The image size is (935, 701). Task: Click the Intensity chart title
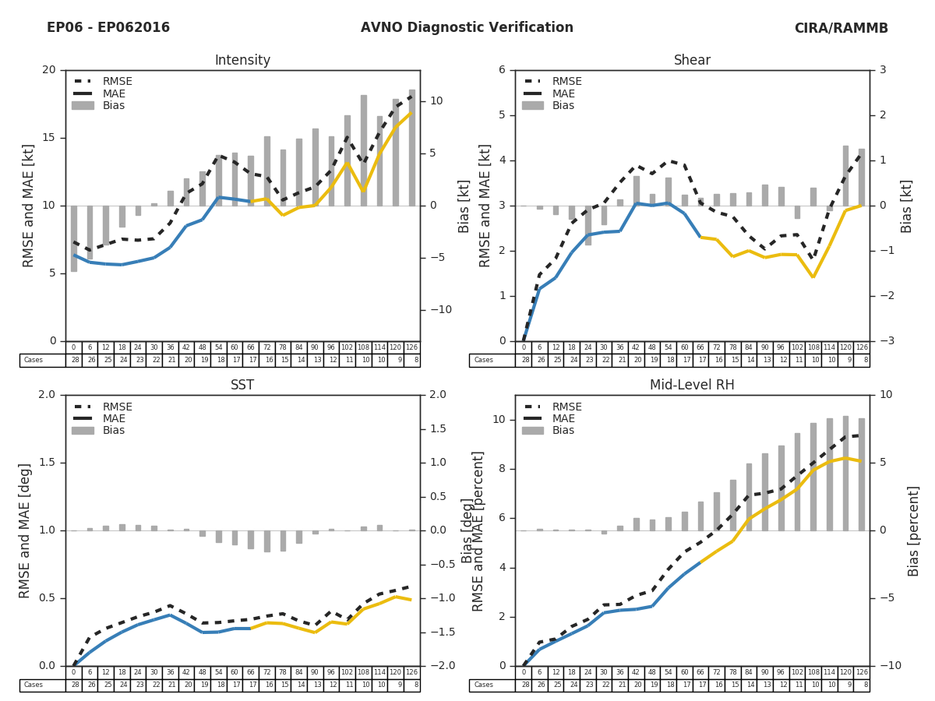(242, 61)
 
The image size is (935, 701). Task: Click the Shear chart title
(692, 61)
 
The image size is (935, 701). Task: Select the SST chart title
(242, 386)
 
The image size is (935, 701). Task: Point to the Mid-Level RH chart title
(692, 386)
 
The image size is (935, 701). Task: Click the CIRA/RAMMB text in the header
(841, 28)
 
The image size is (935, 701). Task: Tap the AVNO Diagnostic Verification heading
(467, 28)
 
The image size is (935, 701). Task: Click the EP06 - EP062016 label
(108, 28)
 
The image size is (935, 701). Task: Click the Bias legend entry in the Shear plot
(563, 106)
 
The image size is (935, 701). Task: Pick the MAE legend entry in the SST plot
(114, 419)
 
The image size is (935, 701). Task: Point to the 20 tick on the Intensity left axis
(48, 70)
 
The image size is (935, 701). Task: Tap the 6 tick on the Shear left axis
(503, 70)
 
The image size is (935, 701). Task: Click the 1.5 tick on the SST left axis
(47, 463)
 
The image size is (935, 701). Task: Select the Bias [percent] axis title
(914, 530)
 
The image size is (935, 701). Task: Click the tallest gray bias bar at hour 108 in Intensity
(363, 150)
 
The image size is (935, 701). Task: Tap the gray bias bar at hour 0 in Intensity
(73, 238)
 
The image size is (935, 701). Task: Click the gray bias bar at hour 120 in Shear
(845, 175)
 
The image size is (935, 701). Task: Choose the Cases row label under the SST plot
(33, 685)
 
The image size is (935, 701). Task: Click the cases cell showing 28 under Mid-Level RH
(524, 685)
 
